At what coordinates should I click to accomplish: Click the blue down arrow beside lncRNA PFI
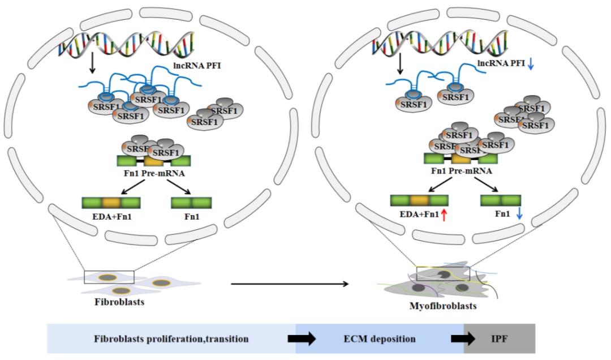click(x=531, y=66)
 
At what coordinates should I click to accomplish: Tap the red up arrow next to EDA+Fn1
click(x=444, y=215)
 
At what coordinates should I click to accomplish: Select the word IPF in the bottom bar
click(x=499, y=339)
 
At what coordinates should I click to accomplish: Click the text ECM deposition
click(x=379, y=339)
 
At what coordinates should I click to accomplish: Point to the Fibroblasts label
click(x=119, y=302)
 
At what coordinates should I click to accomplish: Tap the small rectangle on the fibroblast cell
click(x=109, y=277)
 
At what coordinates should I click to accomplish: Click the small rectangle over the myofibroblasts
click(x=443, y=272)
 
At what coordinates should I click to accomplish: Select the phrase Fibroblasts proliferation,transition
click(x=171, y=339)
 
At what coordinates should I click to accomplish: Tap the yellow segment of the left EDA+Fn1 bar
click(x=111, y=202)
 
